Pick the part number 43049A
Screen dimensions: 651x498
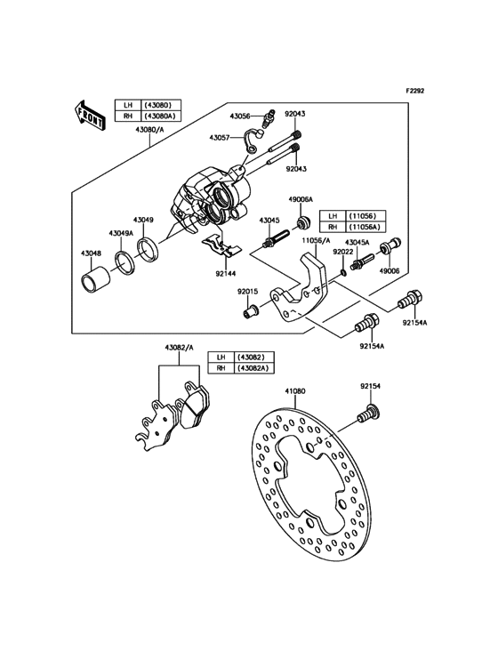[x=121, y=232]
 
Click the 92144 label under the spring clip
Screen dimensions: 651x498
[x=225, y=274]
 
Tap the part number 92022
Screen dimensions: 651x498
[x=343, y=252]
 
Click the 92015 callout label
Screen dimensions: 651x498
[x=248, y=290]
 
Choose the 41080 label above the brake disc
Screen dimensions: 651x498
[x=295, y=390]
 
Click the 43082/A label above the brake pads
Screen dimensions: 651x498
[x=178, y=348]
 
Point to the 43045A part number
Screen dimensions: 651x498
[x=357, y=241]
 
